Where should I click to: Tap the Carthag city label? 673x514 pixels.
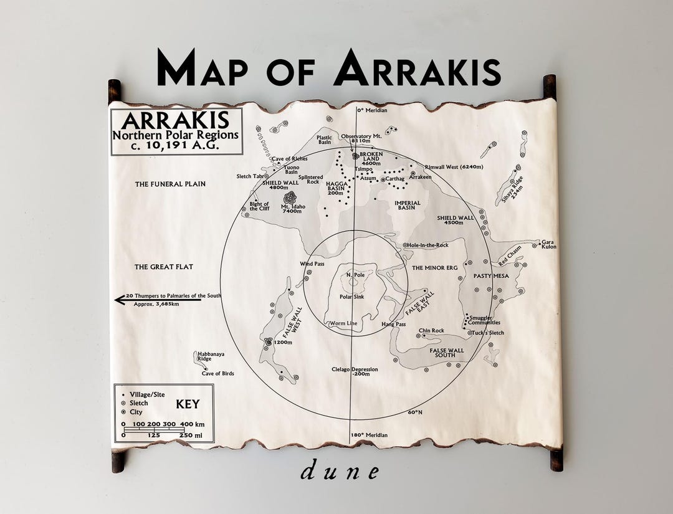395,179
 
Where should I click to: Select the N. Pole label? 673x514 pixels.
355,275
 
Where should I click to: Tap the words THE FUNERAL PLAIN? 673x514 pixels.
170,184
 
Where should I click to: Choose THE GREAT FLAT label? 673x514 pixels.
164,267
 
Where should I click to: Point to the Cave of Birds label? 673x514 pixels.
217,373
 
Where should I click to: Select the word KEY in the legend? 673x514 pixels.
188,404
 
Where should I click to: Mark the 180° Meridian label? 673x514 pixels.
368,435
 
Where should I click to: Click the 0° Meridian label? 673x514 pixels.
372,110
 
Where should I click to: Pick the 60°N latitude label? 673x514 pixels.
415,412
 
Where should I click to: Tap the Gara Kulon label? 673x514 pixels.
548,244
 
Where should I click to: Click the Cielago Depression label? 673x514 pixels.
355,371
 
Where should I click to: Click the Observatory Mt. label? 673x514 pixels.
361,135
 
